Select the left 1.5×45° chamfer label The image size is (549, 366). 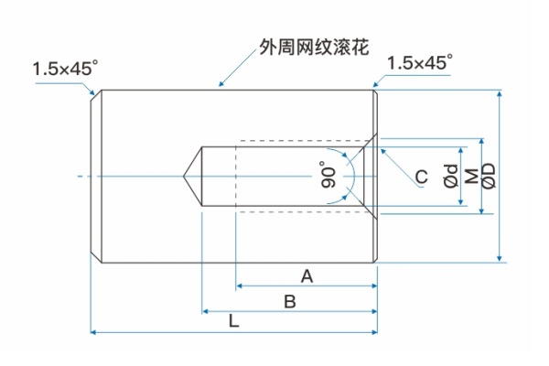65,69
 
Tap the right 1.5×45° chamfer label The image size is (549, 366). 420,63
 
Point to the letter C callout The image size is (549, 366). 420,177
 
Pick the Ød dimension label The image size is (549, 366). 450,176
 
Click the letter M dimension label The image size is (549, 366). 470,176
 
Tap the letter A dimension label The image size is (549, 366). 307,275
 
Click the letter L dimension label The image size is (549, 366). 233,321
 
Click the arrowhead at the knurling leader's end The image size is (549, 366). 220,87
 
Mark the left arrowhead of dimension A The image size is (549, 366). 240,286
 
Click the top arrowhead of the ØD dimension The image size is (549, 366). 500,93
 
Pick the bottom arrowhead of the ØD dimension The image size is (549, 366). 500,258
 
